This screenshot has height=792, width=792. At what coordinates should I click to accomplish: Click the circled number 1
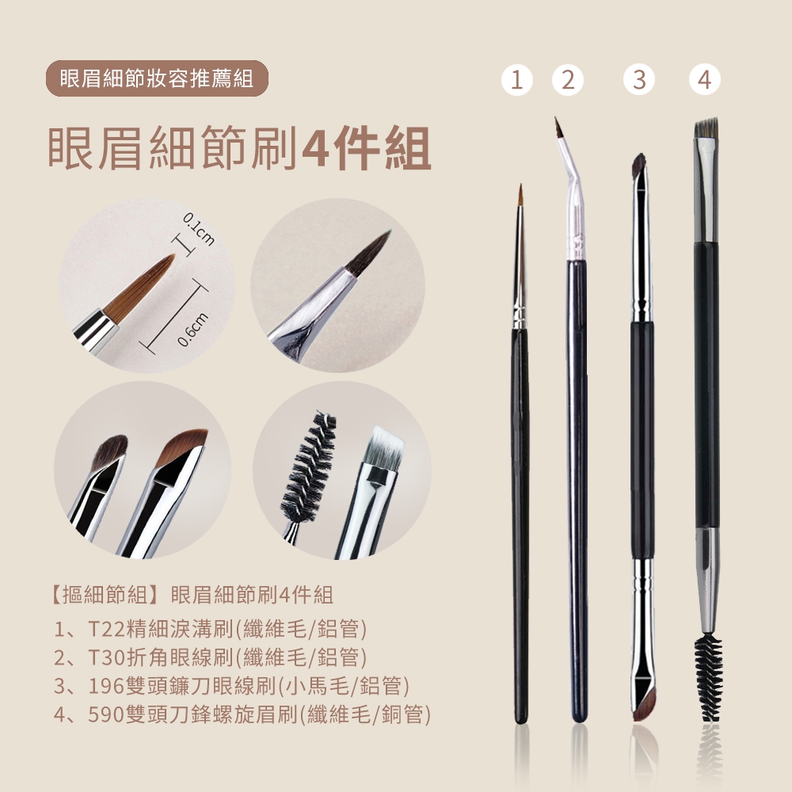(516, 80)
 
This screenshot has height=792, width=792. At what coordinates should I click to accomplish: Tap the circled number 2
(568, 80)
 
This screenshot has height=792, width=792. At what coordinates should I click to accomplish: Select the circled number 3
(639, 80)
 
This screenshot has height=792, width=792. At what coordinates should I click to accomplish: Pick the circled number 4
(705, 80)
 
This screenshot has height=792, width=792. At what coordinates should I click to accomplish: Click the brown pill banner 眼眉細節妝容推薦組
(157, 78)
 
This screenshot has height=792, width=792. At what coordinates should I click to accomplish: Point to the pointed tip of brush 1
(520, 186)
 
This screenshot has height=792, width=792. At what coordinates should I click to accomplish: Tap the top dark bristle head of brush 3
(639, 166)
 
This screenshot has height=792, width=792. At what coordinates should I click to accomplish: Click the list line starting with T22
(210, 629)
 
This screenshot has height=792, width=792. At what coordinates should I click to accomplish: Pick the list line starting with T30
(210, 657)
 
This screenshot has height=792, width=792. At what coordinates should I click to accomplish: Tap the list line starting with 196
(231, 685)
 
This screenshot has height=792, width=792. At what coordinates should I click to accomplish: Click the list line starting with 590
(242, 714)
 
